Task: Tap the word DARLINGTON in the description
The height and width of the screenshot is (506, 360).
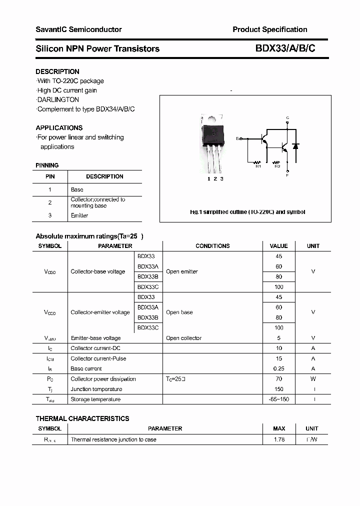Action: click(58, 99)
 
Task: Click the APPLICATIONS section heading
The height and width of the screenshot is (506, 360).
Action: click(59, 128)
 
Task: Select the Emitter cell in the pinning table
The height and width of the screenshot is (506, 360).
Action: click(79, 215)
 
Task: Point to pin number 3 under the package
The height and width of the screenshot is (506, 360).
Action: click(221, 178)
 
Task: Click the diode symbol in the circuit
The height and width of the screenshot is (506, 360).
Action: click(295, 147)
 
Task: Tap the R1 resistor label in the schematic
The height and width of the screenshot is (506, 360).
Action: click(258, 166)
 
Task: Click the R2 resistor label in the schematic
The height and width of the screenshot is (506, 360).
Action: click(277, 166)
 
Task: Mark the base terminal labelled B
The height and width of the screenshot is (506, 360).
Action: click(237, 138)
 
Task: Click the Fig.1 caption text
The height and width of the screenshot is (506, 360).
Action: click(247, 212)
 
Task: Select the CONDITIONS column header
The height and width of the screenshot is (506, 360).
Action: click(212, 246)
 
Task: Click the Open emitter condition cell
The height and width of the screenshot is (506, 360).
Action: click(182, 271)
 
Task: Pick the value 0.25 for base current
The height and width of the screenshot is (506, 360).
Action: click(278, 368)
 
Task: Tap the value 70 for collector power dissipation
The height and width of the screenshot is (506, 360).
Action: click(278, 379)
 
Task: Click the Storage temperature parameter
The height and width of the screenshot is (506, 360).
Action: click(95, 399)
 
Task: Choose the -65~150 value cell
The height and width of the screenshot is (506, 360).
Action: click(278, 399)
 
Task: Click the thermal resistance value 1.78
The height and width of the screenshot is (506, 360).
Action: click(279, 439)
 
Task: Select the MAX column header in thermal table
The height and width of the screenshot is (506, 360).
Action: click(279, 428)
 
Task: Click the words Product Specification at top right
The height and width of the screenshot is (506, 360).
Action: click(270, 29)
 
